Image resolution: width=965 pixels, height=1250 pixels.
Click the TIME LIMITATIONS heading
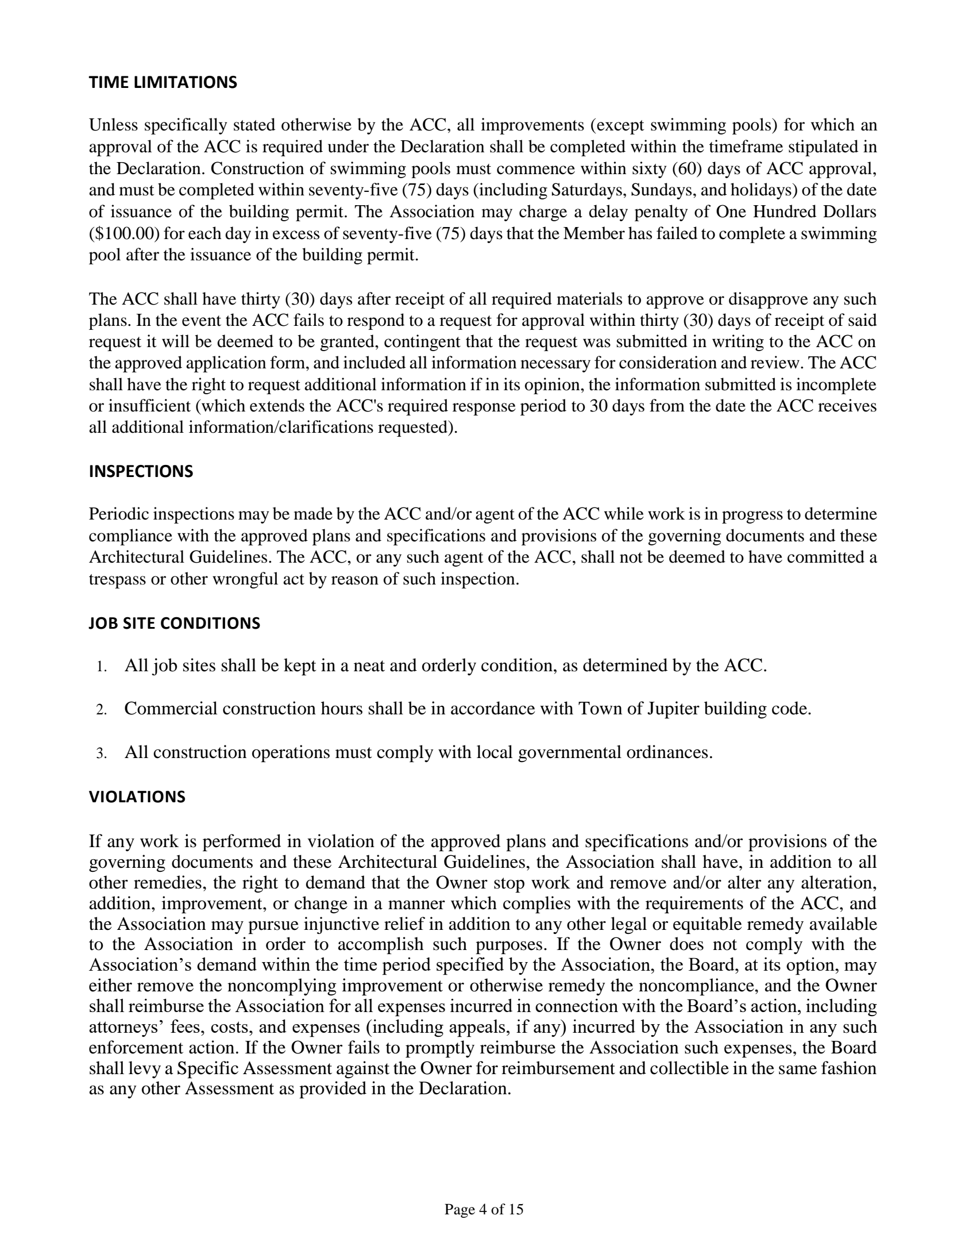[163, 83]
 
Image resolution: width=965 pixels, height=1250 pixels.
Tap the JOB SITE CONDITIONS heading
[175, 623]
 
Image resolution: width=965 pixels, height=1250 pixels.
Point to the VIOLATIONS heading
[137, 797]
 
